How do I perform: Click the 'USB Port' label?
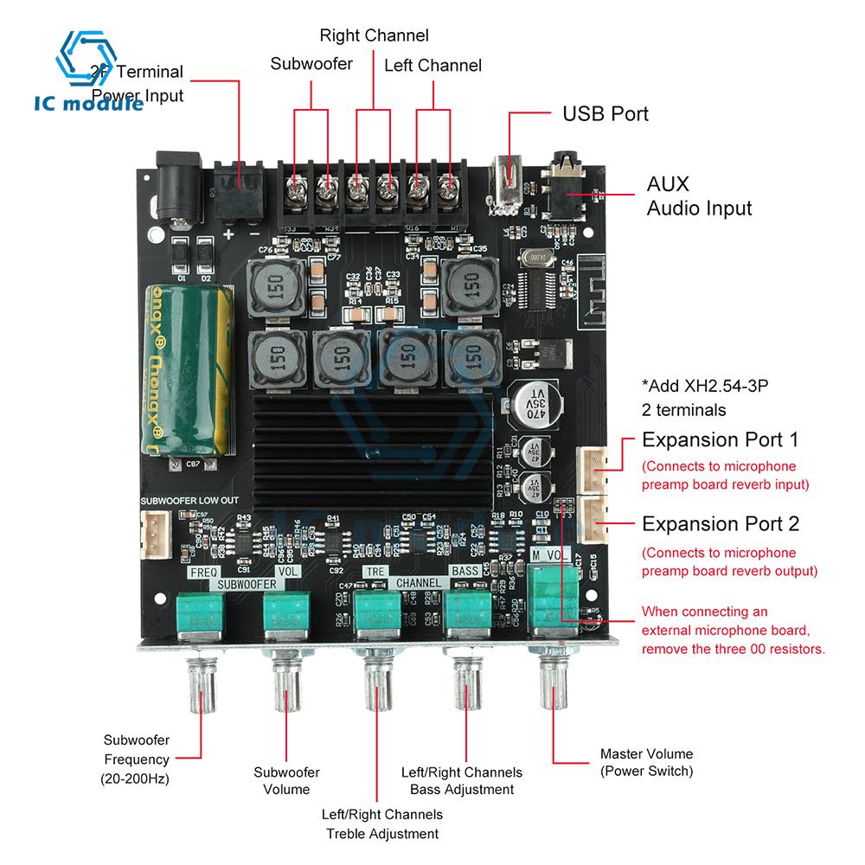pyautogui.click(x=605, y=113)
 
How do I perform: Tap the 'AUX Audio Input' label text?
pyautogui.click(x=699, y=196)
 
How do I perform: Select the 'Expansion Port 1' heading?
pyautogui.click(x=720, y=439)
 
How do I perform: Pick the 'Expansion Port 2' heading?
pyautogui.click(x=720, y=523)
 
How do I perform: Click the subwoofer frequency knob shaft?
pyautogui.click(x=202, y=692)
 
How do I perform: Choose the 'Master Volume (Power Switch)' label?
pyautogui.click(x=646, y=762)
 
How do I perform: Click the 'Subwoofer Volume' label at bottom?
pyautogui.click(x=286, y=780)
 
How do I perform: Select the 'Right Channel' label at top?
pyautogui.click(x=374, y=35)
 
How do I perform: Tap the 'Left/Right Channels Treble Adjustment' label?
pyautogui.click(x=381, y=823)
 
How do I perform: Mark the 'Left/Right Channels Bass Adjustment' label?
pyautogui.click(x=462, y=779)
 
